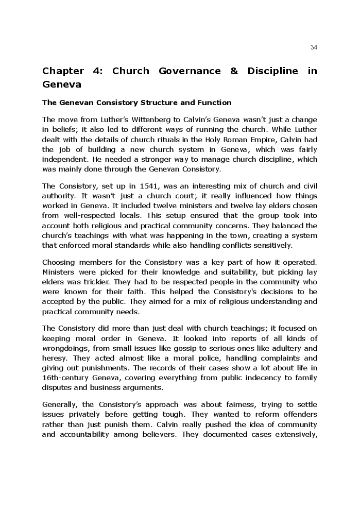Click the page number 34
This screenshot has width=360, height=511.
coord(314,47)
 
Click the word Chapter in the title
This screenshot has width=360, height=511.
coord(63,71)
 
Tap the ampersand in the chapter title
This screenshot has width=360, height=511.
coord(234,71)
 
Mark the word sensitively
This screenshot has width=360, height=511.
coord(270,245)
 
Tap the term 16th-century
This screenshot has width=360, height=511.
coord(66,378)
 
